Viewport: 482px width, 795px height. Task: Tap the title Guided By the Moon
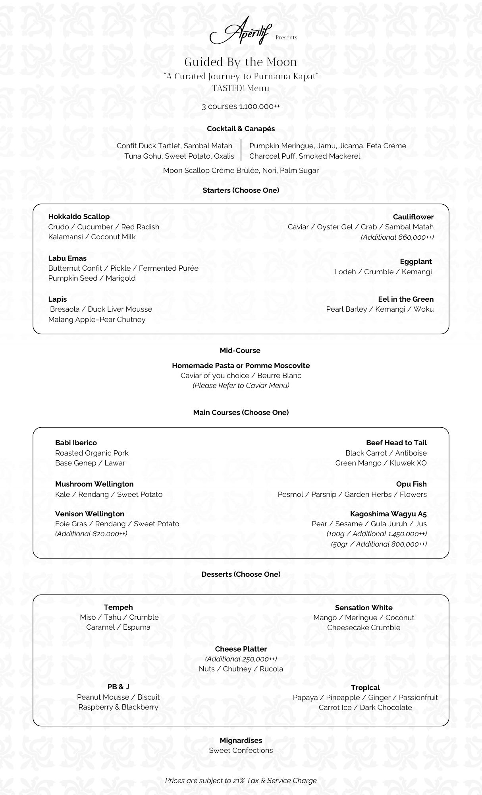(241, 62)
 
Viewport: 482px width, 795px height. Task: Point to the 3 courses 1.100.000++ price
(241, 107)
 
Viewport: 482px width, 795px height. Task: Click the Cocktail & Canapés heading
(241, 129)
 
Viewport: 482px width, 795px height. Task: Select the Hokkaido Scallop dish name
(79, 217)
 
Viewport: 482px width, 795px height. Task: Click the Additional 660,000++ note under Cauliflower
(397, 237)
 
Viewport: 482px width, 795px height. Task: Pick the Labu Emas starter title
(67, 258)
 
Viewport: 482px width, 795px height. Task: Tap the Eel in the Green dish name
(406, 299)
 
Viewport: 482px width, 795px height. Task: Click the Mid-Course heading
(240, 351)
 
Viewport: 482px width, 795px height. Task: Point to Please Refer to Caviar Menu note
(241, 386)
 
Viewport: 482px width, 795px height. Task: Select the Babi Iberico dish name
(76, 443)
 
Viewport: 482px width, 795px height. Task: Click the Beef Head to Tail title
(396, 443)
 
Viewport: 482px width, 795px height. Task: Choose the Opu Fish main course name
(411, 484)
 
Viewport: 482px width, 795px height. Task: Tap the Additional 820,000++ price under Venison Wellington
(91, 534)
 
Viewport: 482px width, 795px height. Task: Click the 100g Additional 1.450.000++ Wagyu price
(376, 534)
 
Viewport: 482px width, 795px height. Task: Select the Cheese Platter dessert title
(241, 649)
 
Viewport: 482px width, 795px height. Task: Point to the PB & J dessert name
(118, 687)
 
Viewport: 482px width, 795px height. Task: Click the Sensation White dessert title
(363, 608)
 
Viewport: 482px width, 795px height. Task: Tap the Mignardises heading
(241, 741)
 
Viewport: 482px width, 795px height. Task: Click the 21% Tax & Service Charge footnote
(241, 781)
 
